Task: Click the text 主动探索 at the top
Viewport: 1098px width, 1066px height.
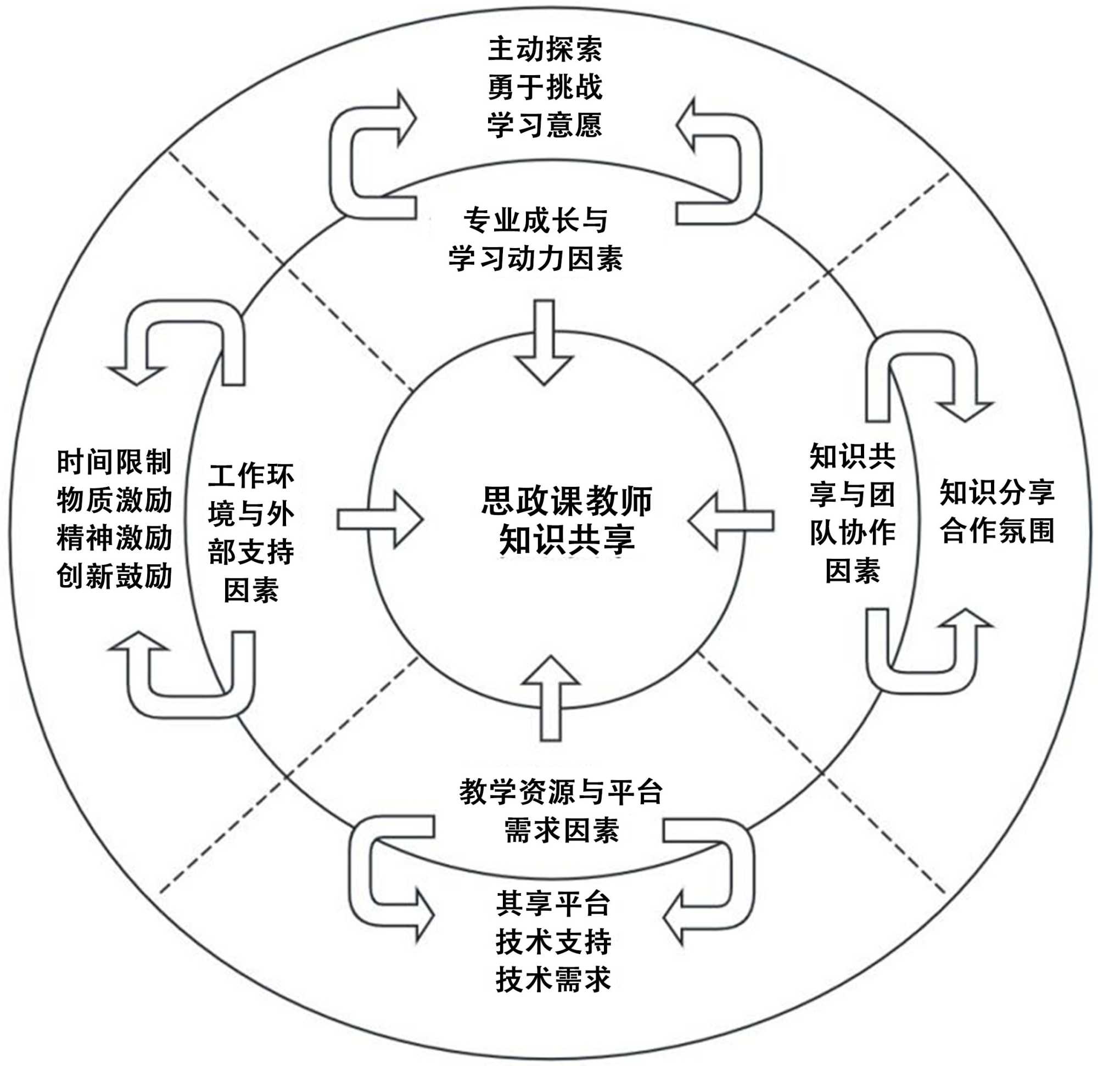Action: pos(545,49)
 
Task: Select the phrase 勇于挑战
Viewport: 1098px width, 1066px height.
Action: pos(545,87)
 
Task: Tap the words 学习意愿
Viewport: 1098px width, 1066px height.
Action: pos(545,125)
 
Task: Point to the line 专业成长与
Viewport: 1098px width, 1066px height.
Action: pos(536,220)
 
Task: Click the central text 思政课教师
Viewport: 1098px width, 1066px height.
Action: pos(567,500)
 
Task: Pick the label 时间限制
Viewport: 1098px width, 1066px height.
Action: pos(114,462)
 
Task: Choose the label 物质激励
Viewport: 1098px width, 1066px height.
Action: pos(114,500)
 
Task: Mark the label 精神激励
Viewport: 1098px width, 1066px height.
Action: pos(114,538)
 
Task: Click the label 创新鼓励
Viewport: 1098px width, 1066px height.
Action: pos(114,576)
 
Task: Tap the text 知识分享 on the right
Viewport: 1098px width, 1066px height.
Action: pos(998,492)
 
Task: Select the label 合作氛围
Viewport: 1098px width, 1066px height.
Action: pos(998,530)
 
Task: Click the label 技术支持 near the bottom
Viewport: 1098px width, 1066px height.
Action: pos(553,941)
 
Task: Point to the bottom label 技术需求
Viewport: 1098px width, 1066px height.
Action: pos(553,979)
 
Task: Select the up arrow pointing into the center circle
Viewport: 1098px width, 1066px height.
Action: pos(551,698)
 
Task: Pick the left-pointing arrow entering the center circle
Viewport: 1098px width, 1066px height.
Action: pos(731,521)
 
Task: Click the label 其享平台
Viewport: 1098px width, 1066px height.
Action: pos(553,903)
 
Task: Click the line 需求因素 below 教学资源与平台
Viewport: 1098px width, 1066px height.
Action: pos(561,830)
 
